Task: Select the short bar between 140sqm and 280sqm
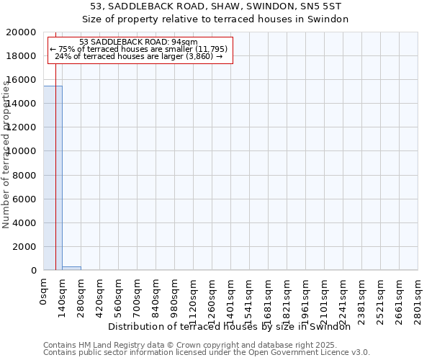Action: click(x=71, y=268)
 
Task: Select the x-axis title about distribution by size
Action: click(x=234, y=326)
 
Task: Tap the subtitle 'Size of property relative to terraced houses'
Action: click(x=215, y=19)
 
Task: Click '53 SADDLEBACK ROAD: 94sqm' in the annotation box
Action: click(x=138, y=42)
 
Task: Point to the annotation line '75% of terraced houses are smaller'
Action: click(x=138, y=49)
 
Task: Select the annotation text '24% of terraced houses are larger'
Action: click(x=138, y=56)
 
